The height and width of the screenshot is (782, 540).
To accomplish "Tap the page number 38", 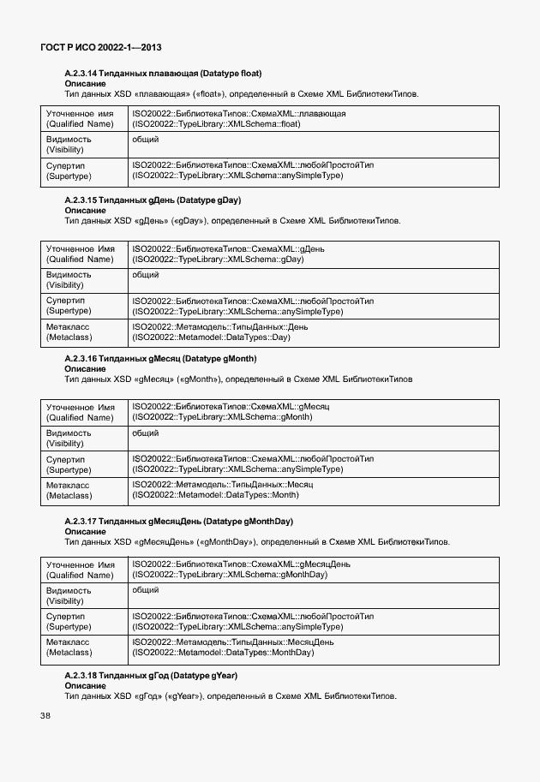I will click(45, 715).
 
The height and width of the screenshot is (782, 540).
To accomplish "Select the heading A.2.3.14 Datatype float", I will click(163, 74).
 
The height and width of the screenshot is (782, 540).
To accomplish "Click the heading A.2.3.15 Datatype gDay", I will click(153, 200).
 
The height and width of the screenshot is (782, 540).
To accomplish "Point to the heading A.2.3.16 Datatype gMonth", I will click(160, 358).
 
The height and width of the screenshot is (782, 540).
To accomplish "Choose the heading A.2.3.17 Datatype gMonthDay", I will click(178, 521).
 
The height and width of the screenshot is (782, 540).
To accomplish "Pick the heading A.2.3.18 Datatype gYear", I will click(152, 676).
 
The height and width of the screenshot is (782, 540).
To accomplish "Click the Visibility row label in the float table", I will click(69, 144).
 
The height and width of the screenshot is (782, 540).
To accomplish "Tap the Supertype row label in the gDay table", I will click(69, 306).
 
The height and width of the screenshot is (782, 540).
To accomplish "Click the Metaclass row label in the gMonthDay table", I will click(69, 648).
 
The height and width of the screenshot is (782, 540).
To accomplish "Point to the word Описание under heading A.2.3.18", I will click(85, 686).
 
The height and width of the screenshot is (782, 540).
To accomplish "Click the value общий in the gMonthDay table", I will click(145, 590).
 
